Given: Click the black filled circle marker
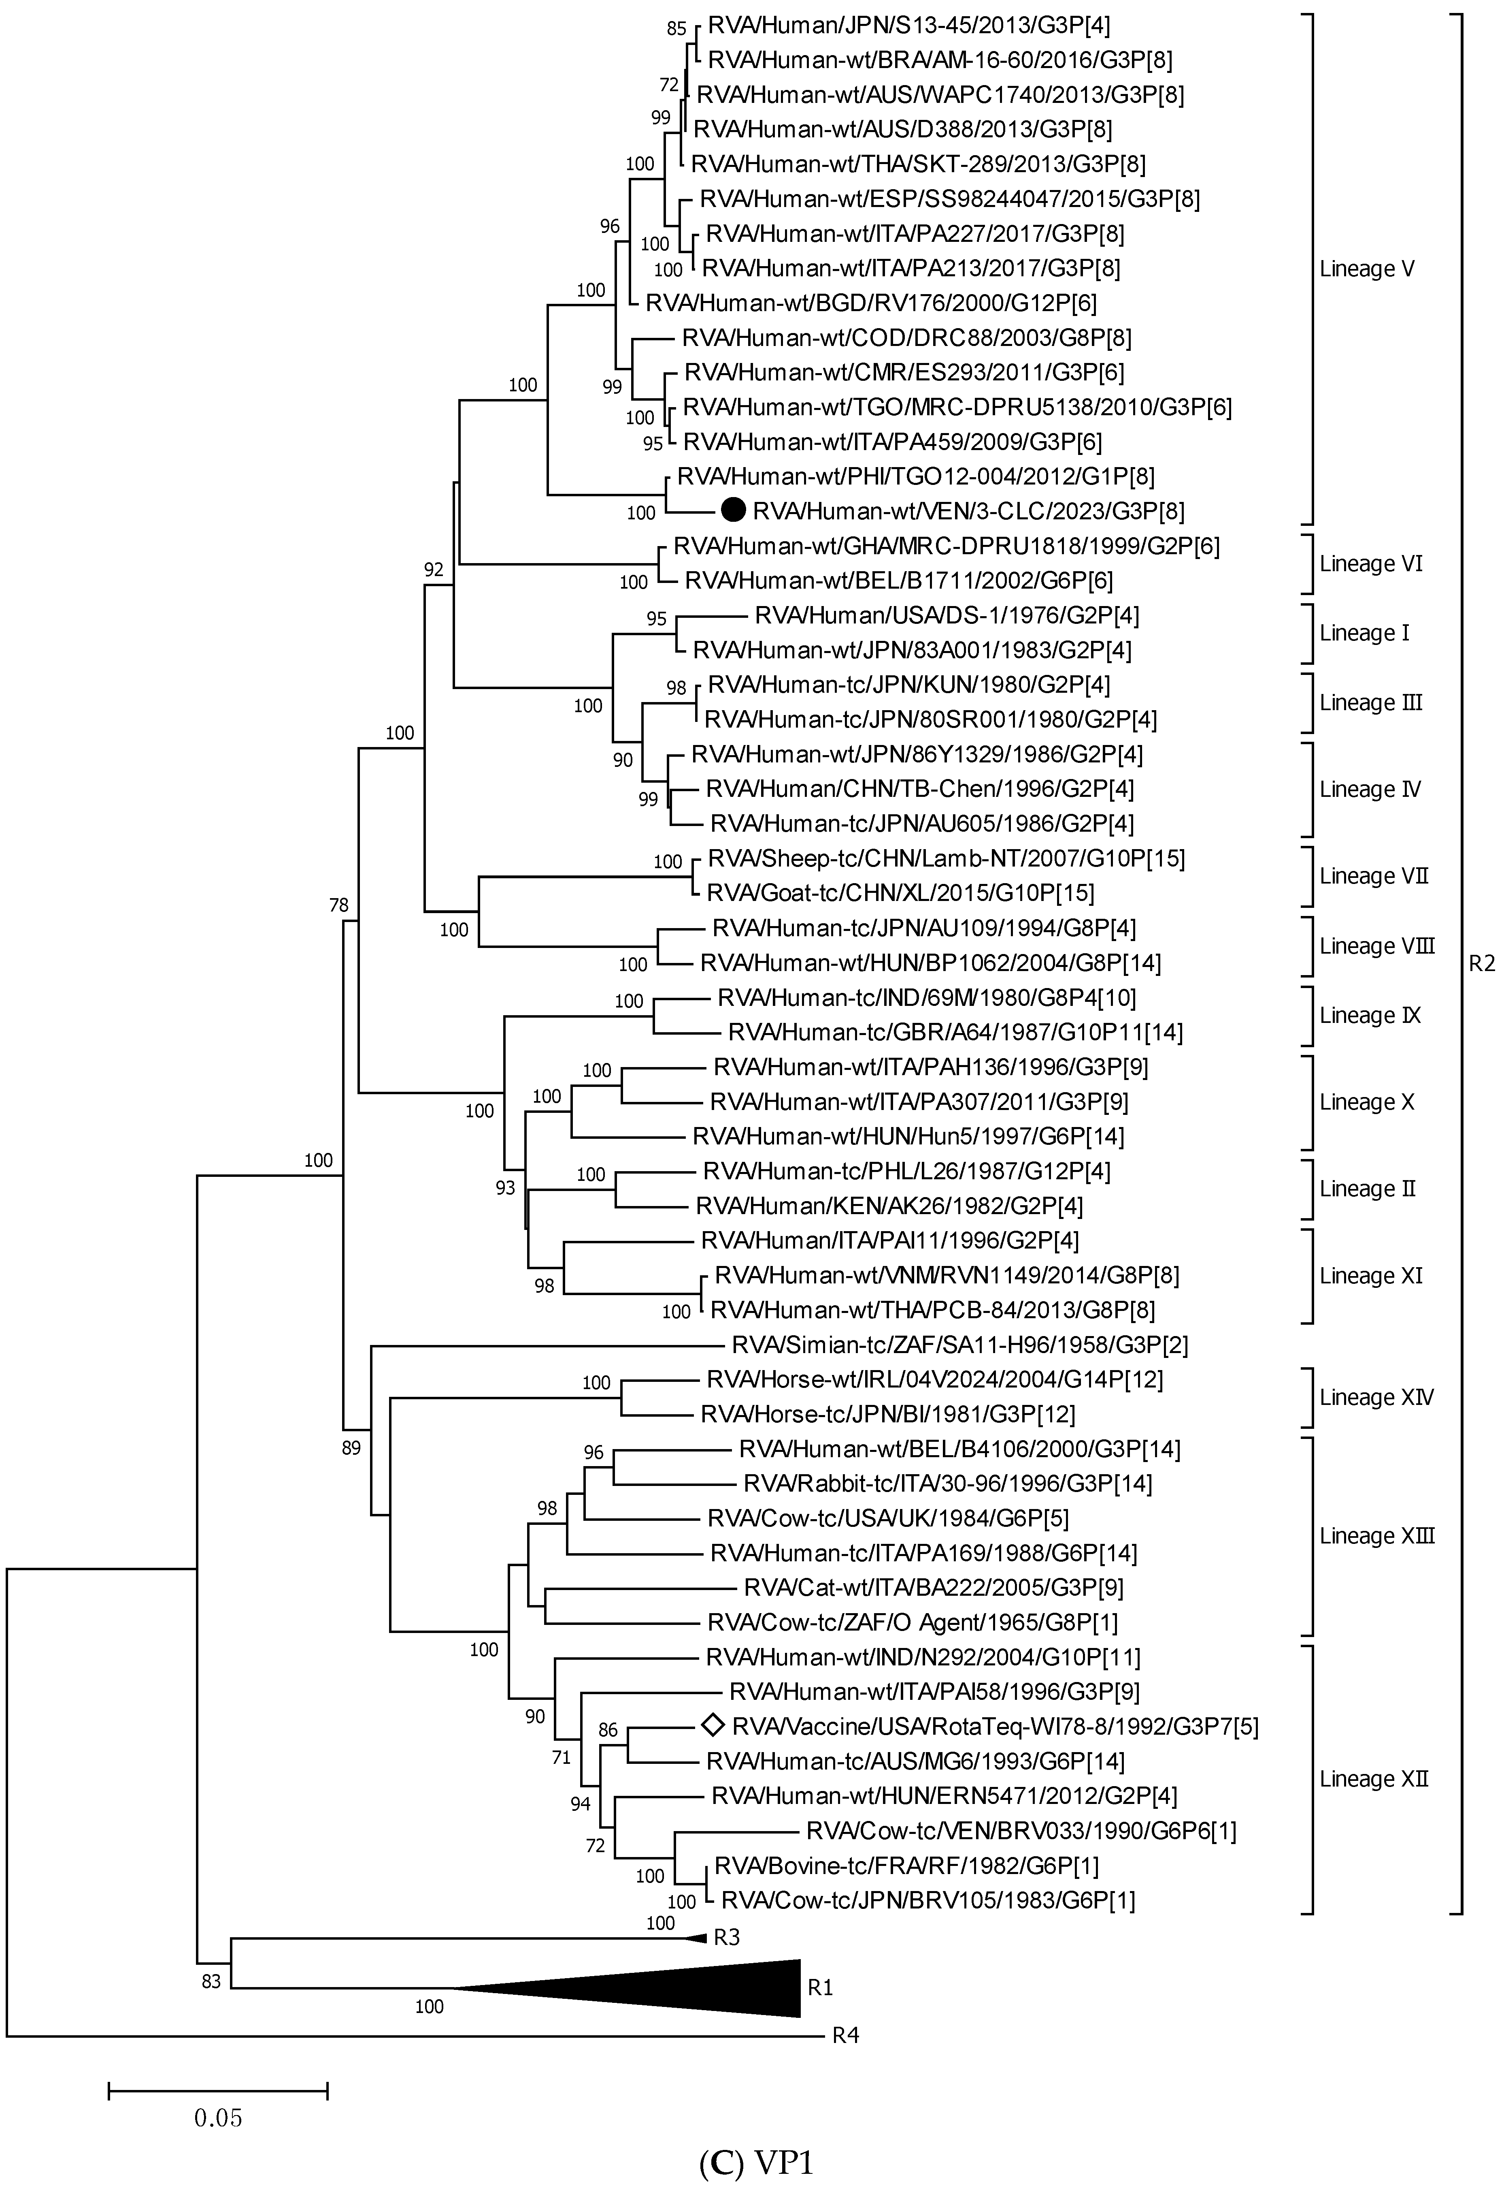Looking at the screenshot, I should click(733, 511).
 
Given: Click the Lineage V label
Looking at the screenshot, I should click(1366, 269).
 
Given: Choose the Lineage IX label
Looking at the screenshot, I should click(1369, 1015).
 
